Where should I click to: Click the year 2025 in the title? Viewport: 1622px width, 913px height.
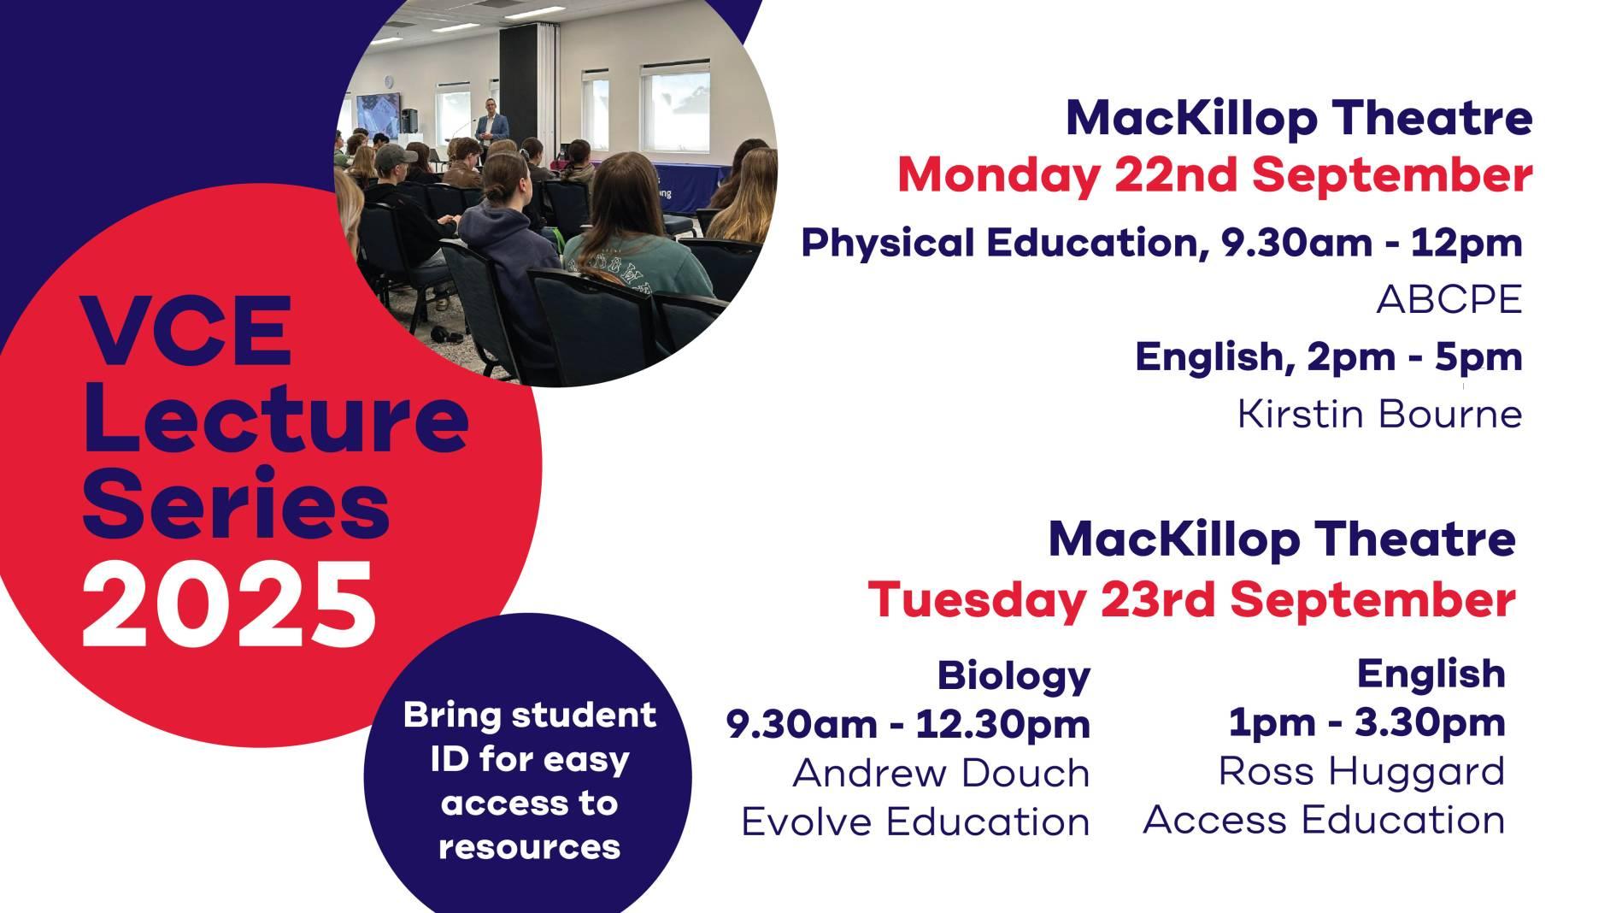pos(229,605)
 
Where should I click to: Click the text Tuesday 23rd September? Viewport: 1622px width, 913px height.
pos(1192,600)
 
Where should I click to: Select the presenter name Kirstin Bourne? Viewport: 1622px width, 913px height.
pos(1380,415)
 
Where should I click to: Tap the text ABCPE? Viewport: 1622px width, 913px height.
pos(1449,300)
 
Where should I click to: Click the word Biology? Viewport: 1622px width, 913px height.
pos(1014,676)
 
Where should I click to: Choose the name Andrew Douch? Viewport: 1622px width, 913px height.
pos(942,774)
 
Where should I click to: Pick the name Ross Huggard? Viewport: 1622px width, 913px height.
pos(1361,771)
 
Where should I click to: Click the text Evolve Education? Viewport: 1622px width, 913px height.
pos(916,822)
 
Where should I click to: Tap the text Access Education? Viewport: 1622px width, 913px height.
pos(1324,820)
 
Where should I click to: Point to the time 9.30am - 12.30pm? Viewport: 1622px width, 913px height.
pos(908,725)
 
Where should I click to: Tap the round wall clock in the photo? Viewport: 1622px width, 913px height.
pos(387,81)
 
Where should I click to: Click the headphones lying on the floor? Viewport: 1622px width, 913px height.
pos(444,333)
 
